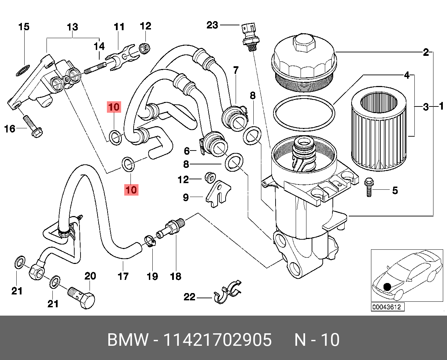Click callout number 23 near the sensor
(x=212, y=25)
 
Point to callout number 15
(x=24, y=27)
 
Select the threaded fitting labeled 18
(x=171, y=226)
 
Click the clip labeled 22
(x=227, y=293)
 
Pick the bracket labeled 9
(x=218, y=194)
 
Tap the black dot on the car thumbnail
(x=387, y=287)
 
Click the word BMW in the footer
(x=128, y=340)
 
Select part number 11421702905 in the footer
(x=218, y=340)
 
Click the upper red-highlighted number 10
(x=114, y=107)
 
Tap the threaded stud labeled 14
(x=94, y=68)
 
